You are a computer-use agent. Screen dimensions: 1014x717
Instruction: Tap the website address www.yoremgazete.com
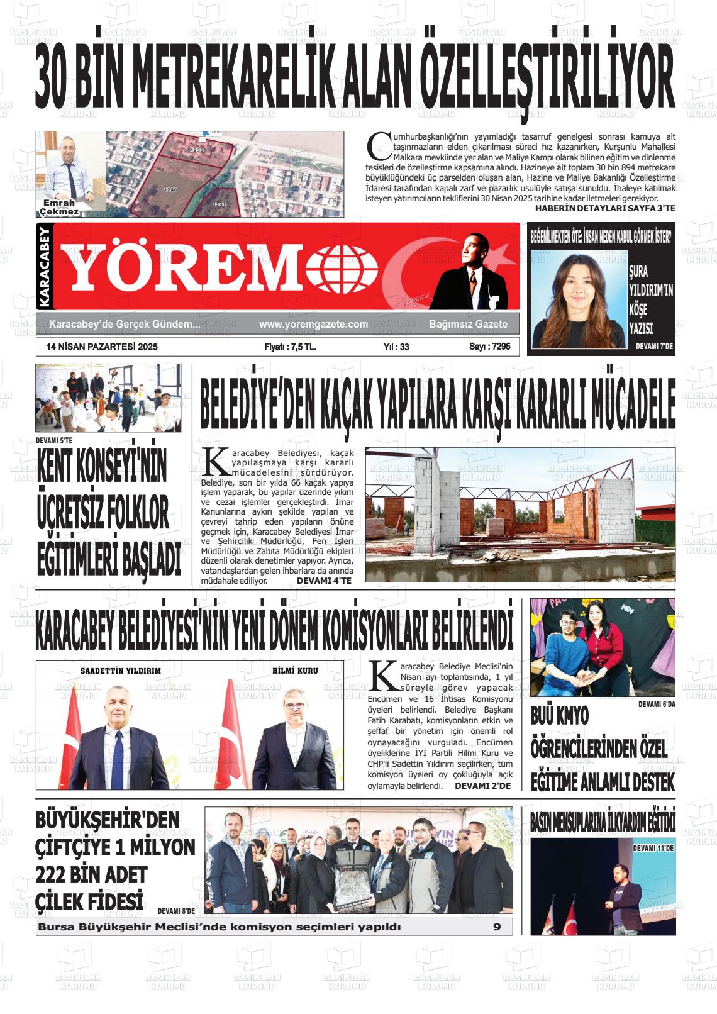point(313,325)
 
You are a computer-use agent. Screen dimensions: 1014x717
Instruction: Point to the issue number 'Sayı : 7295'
point(489,347)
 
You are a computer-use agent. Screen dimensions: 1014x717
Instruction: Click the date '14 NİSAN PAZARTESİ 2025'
point(102,347)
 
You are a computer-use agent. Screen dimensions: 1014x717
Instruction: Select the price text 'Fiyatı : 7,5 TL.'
point(290,347)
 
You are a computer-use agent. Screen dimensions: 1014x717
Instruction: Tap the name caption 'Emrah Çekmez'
point(59,208)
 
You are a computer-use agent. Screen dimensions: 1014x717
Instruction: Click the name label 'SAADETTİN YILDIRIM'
point(121,671)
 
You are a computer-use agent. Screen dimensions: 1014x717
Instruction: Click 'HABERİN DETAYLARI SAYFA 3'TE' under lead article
point(604,208)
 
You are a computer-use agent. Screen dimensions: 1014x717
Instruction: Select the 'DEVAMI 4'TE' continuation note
point(324,581)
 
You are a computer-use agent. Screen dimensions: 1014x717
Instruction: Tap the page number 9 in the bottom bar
point(496,927)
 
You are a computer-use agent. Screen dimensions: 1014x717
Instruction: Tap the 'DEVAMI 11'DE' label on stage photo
point(653,849)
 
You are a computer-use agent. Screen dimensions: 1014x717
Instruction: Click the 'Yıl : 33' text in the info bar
point(396,347)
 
